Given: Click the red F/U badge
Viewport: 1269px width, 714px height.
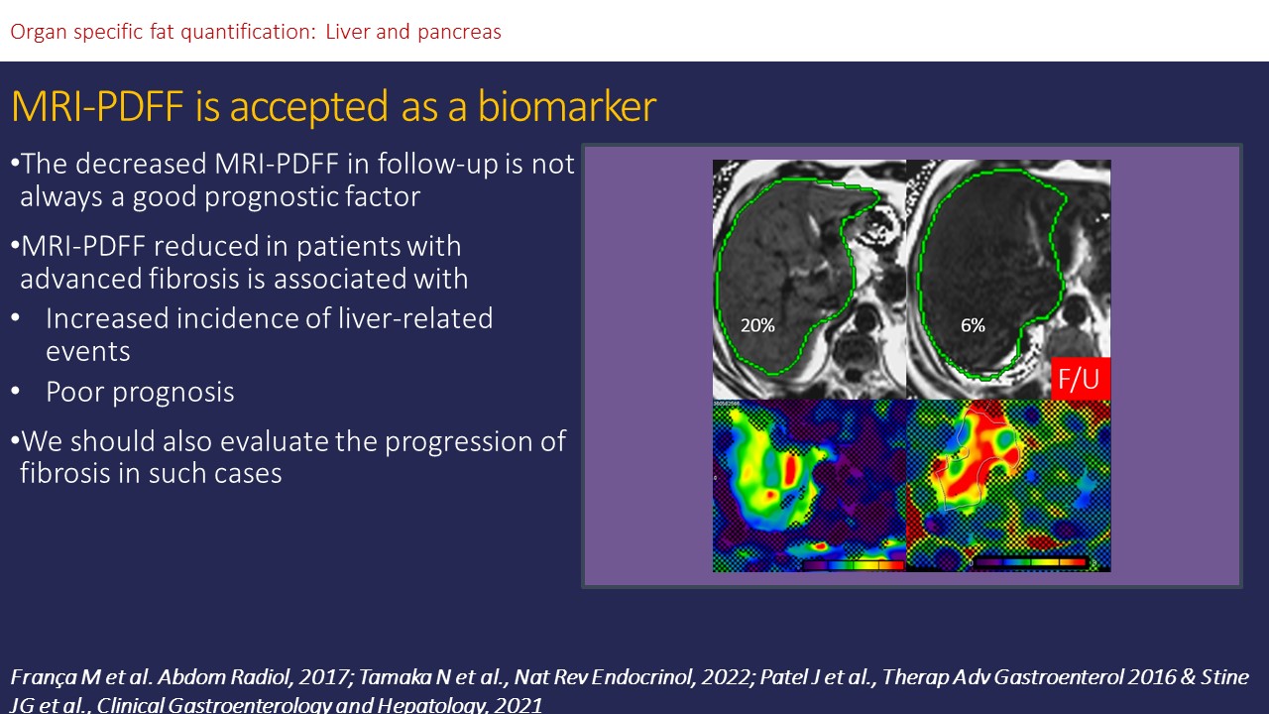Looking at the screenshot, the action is coord(1081,379).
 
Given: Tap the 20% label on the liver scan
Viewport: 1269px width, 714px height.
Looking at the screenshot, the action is coord(757,325).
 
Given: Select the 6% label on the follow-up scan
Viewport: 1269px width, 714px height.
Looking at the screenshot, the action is coord(973,325).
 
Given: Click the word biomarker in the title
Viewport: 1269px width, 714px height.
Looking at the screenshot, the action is coord(567,106).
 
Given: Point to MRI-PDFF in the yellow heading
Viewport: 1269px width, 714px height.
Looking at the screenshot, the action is coord(97,106).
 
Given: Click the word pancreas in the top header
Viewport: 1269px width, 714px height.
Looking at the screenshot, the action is coord(459,33).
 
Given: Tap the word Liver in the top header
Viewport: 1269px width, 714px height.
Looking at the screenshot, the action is coord(347,31).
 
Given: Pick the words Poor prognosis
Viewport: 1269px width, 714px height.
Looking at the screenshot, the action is coord(140,393).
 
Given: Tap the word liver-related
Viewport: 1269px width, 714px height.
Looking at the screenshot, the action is coord(415,318).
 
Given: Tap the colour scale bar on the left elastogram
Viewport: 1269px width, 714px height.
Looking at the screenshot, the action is coord(853,565).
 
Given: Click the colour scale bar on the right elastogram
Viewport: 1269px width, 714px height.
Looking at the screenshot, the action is coord(1029,562).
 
